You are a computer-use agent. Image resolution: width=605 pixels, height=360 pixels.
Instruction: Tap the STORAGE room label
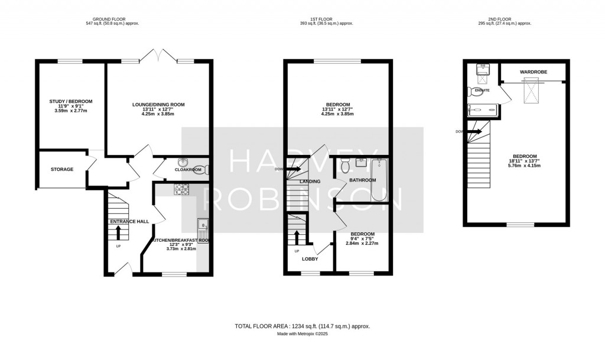pos(61,170)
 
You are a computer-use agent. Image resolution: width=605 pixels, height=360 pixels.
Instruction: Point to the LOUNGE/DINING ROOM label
pos(158,105)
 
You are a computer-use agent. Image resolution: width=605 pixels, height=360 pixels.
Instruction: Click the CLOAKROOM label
pos(188,170)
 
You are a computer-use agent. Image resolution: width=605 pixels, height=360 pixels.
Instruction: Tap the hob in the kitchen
pos(181,189)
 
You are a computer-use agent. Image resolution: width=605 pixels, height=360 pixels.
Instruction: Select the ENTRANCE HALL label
pos(128,222)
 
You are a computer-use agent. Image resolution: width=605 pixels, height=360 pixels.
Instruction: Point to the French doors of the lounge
pos(158,56)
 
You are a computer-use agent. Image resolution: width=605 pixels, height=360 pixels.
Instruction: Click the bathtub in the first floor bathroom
pos(379,181)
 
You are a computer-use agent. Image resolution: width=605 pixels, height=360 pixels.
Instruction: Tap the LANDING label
pos(310,181)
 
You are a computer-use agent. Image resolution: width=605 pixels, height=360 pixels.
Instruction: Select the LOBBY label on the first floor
pos(310,259)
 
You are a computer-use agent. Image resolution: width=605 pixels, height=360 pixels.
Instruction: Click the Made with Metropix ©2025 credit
pos(302,334)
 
